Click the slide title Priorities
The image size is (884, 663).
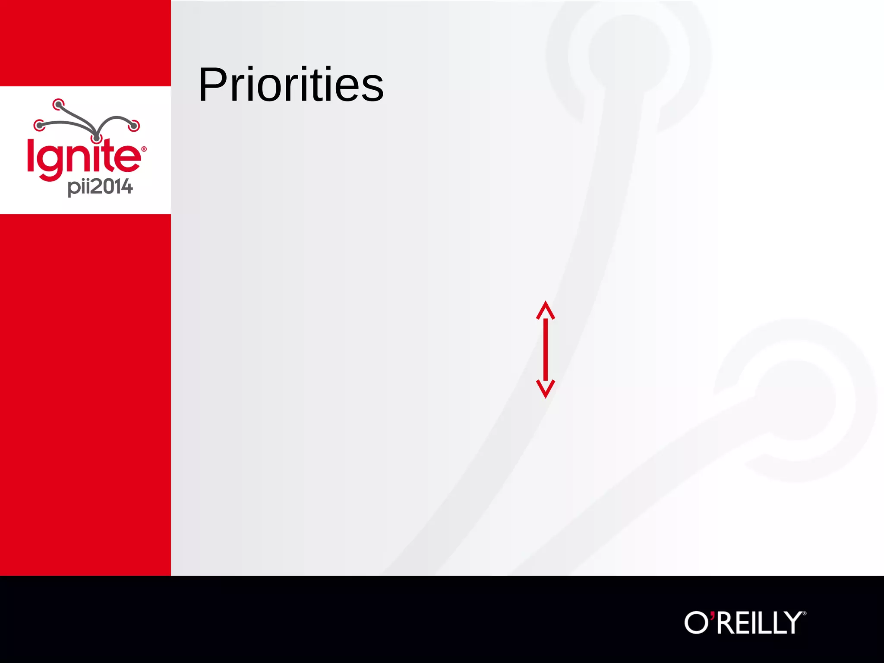click(290, 85)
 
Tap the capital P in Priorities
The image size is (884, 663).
click(213, 85)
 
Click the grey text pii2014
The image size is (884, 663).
click(100, 187)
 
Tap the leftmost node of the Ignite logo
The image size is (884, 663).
click(39, 126)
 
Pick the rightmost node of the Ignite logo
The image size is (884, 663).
click(134, 126)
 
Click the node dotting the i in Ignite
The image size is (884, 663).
click(97, 139)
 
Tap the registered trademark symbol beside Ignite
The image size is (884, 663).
click(144, 149)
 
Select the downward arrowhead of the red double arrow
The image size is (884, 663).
click(546, 388)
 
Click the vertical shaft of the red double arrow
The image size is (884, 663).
click(546, 350)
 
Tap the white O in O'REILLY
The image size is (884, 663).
click(696, 622)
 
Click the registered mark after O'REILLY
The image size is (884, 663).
click(804, 613)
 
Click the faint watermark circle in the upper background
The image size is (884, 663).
click(628, 54)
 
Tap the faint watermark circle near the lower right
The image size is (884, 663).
click(796, 401)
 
